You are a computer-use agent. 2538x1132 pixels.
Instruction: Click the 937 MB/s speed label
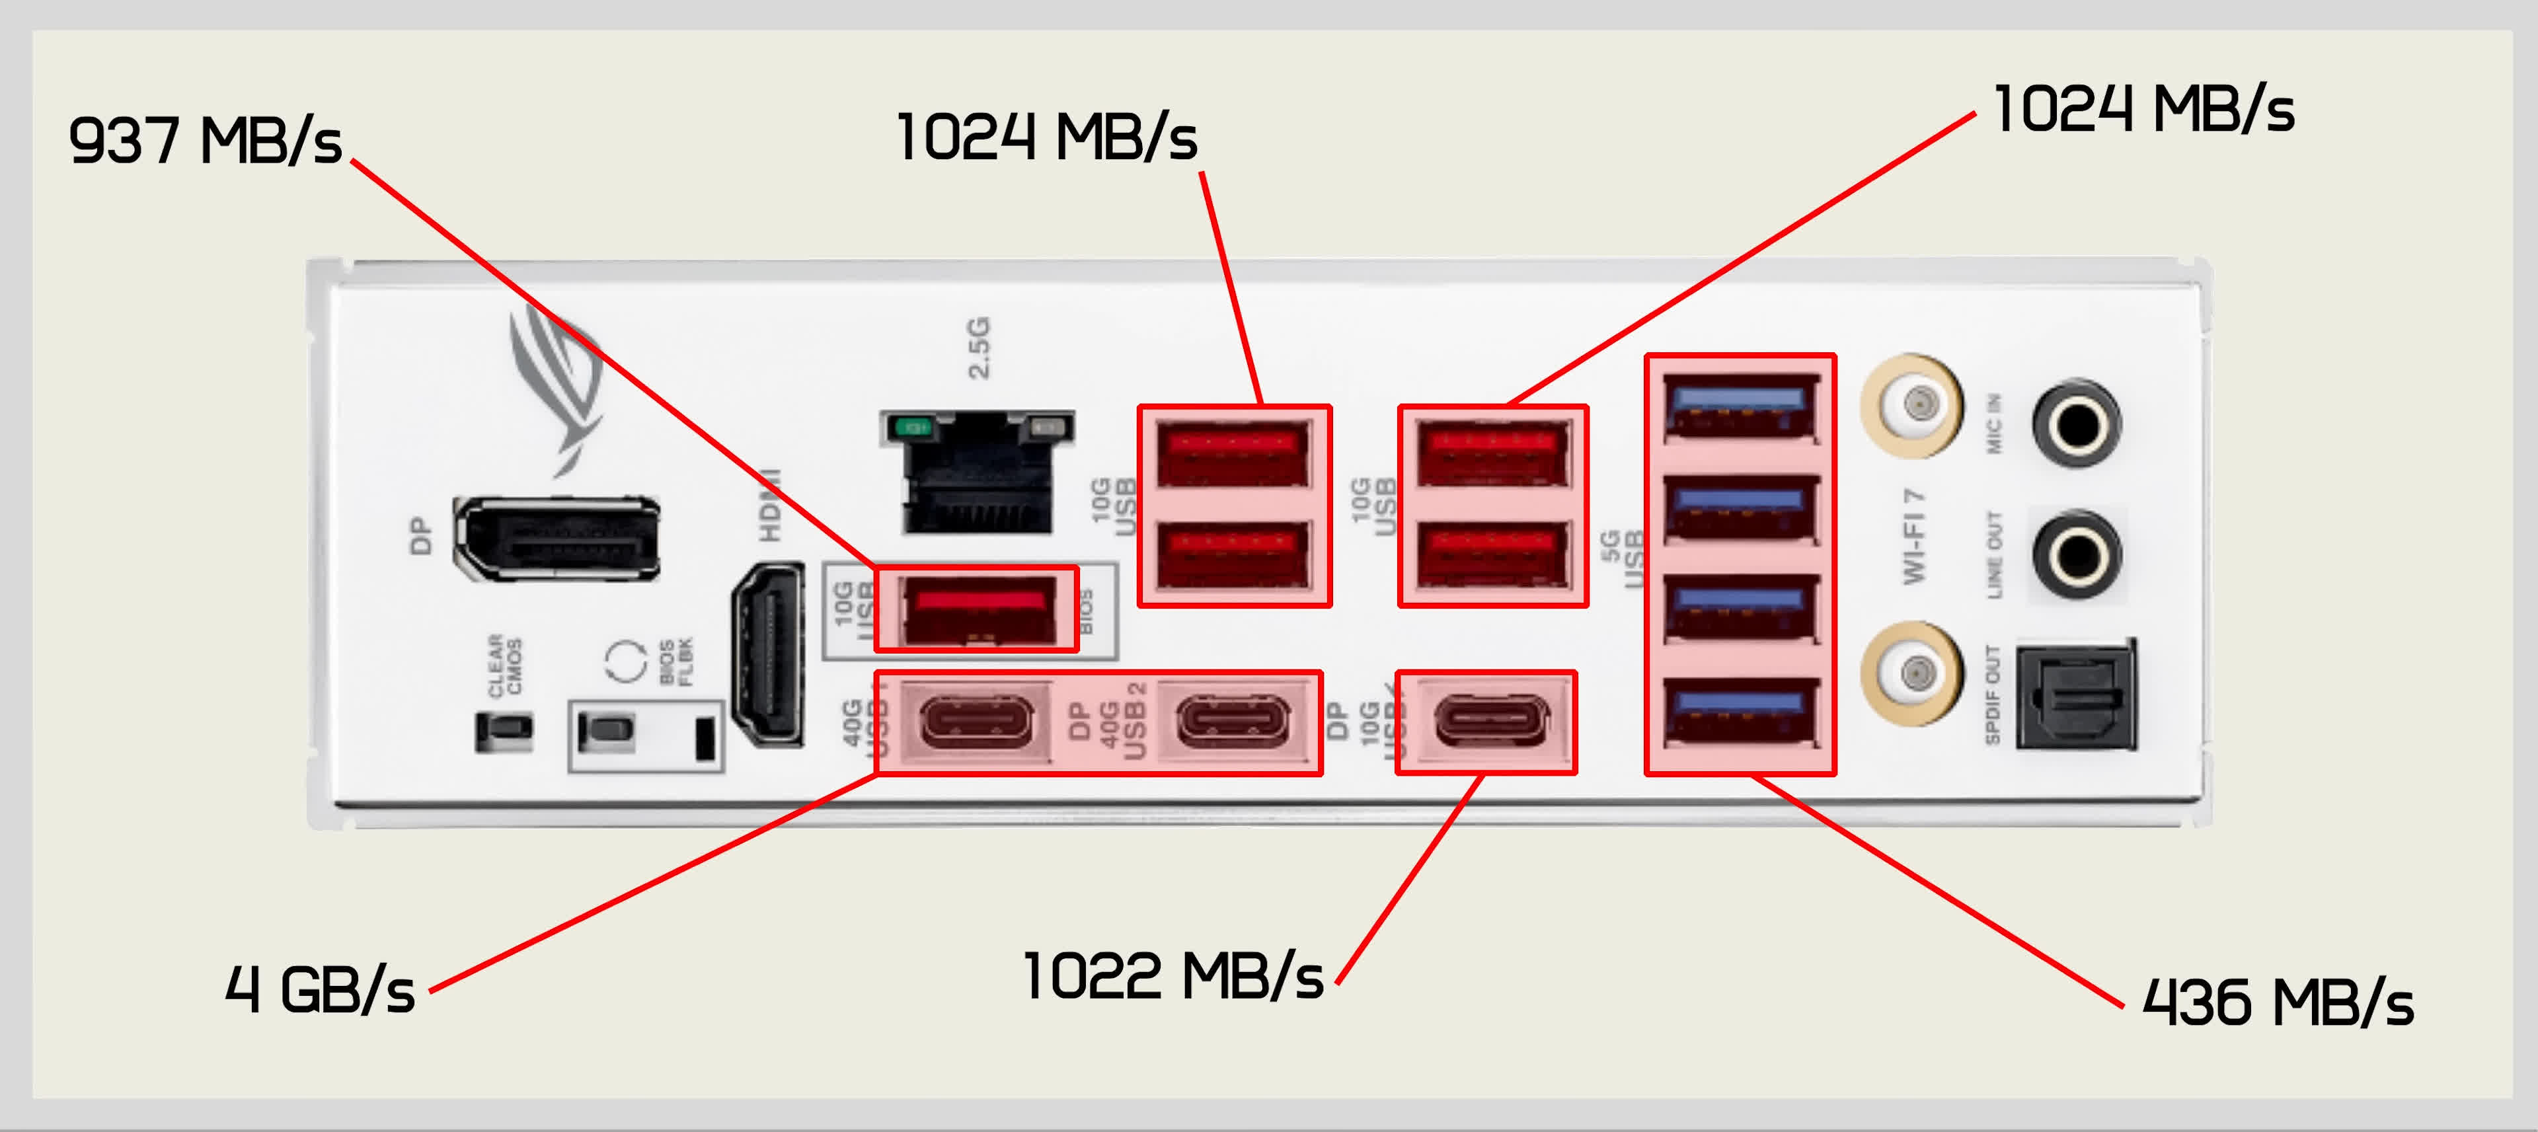(x=205, y=141)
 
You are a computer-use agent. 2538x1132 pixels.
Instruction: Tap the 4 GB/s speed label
(x=319, y=989)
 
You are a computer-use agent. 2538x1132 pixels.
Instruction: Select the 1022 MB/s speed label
(x=1173, y=976)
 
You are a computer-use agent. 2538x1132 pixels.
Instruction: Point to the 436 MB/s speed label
(x=2277, y=1003)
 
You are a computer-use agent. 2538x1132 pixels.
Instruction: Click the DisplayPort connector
(x=557, y=538)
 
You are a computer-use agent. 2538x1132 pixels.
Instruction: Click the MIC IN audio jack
(x=2077, y=424)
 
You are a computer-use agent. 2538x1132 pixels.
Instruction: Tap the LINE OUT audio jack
(x=2077, y=554)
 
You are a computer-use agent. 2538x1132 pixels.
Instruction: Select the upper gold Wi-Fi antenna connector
(x=1912, y=404)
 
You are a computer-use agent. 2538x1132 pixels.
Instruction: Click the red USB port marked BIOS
(x=978, y=609)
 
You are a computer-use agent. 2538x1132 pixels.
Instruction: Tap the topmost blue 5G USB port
(x=1740, y=407)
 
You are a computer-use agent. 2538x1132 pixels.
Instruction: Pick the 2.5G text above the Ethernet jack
(x=978, y=347)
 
